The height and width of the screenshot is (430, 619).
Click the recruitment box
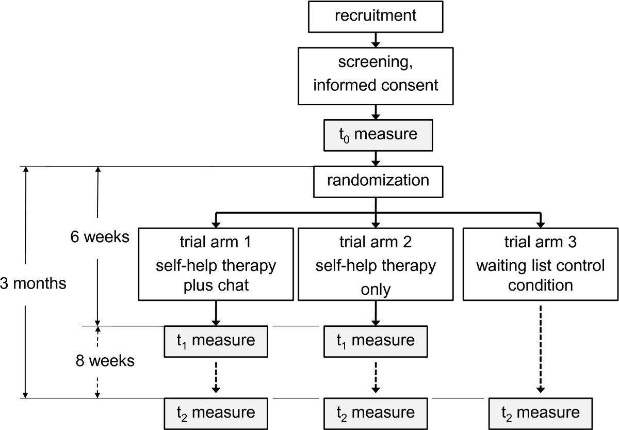tap(375, 15)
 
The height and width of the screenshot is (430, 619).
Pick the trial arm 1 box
tap(216, 263)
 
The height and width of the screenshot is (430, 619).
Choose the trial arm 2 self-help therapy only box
tap(375, 263)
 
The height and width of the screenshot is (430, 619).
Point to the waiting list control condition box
tap(540, 263)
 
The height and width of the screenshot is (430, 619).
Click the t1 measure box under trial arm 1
tap(216, 341)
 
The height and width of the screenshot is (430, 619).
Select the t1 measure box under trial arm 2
tap(375, 341)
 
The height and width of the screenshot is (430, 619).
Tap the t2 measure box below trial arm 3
tap(540, 412)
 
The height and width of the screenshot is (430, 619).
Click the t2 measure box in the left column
tap(216, 412)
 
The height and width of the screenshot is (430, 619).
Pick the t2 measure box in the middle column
tap(375, 412)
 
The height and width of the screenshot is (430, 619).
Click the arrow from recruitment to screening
tap(375, 38)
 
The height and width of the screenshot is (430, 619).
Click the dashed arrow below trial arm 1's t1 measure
tap(216, 377)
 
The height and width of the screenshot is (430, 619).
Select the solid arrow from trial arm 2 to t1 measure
tap(375, 313)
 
